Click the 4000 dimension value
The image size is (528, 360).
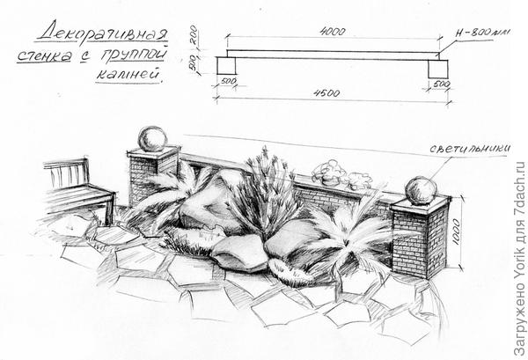tap(331, 31)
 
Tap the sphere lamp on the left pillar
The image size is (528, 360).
tap(152, 138)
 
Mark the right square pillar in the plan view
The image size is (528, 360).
tap(438, 66)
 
